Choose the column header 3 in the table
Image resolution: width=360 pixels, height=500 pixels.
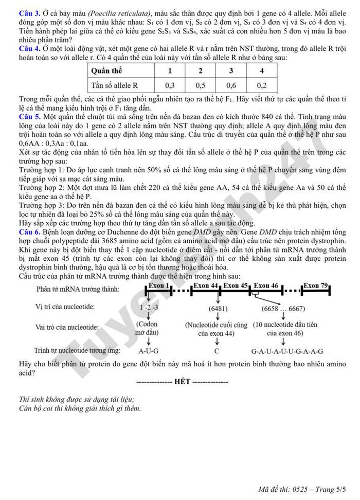231,71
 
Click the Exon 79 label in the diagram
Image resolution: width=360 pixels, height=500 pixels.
315,285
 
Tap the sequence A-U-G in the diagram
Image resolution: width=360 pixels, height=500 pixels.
149,351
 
